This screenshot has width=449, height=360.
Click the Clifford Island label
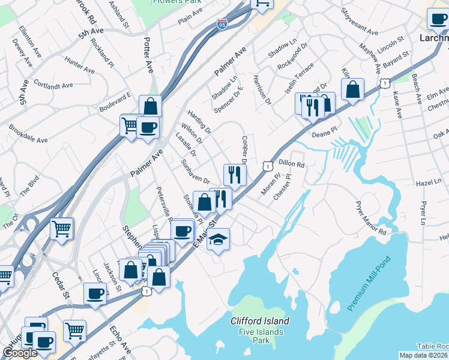[260, 321]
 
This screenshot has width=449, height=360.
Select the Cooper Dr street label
[244, 151]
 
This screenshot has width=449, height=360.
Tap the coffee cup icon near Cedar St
[95, 294]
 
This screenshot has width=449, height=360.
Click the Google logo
[20, 353]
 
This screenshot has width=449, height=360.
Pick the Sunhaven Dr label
[195, 171]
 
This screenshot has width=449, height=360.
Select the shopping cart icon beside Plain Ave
[262, 4]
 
